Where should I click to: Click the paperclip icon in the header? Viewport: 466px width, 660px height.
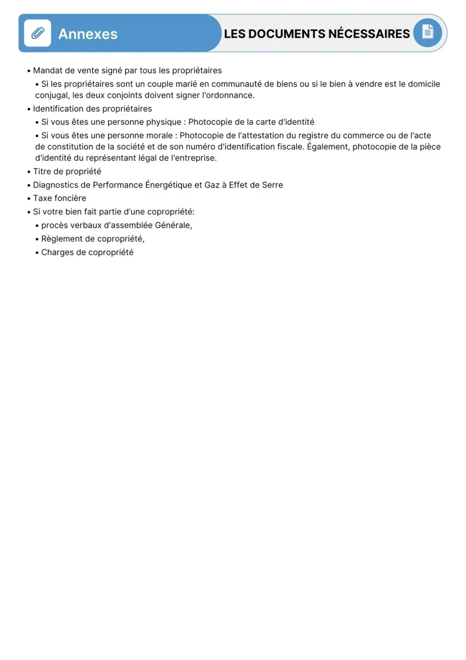(x=37, y=34)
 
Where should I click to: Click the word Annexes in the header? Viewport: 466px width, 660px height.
(x=88, y=34)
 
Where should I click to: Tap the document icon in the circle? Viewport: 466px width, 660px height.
(x=428, y=32)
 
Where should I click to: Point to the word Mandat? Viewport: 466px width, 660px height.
(x=47, y=70)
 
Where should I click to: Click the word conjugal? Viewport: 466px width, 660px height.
(x=52, y=95)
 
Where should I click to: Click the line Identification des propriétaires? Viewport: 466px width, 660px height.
(x=92, y=109)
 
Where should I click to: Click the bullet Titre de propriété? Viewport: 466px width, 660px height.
(x=66, y=172)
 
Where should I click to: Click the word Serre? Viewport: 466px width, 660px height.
(x=273, y=185)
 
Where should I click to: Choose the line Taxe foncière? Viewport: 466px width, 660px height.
(x=59, y=198)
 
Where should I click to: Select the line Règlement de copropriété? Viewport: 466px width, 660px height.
(x=92, y=239)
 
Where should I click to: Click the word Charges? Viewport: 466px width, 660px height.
(x=57, y=252)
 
